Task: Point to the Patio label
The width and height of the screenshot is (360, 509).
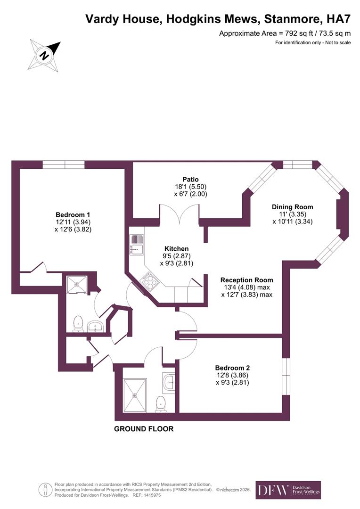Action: click(190, 179)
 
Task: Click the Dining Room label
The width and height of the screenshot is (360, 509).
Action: click(292, 206)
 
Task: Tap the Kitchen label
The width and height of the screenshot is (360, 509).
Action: click(176, 248)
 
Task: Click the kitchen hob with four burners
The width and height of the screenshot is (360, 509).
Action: click(150, 281)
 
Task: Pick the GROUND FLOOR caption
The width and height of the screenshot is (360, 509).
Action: click(144, 429)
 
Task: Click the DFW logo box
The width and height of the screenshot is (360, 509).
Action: click(288, 490)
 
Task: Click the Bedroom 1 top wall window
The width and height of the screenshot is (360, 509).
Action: click(63, 164)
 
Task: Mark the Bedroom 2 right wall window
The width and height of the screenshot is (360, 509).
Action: click(285, 375)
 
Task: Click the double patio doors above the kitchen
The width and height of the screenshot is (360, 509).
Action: click(179, 212)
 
